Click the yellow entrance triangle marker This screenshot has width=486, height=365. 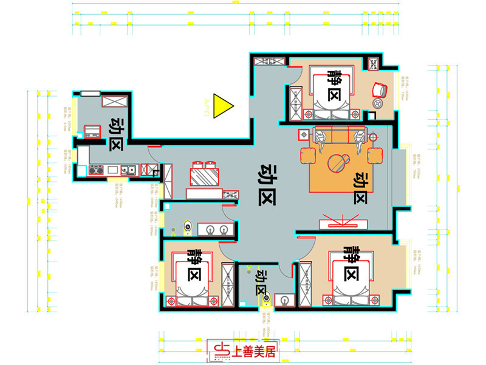pyautogui.click(x=222, y=108)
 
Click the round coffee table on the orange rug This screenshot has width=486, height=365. pyautogui.click(x=337, y=162)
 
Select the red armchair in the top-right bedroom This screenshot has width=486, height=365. pyautogui.click(x=380, y=89)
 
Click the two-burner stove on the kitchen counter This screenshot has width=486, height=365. pyautogui.click(x=95, y=170)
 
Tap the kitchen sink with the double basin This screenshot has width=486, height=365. pyautogui.click(x=127, y=170)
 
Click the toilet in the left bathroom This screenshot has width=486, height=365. pyautogui.click(x=187, y=228)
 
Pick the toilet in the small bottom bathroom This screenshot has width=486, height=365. pyautogui.click(x=265, y=298)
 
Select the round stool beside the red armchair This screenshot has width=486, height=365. pyautogui.click(x=375, y=104)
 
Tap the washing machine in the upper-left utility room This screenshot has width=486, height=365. pyautogui.click(x=93, y=130)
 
